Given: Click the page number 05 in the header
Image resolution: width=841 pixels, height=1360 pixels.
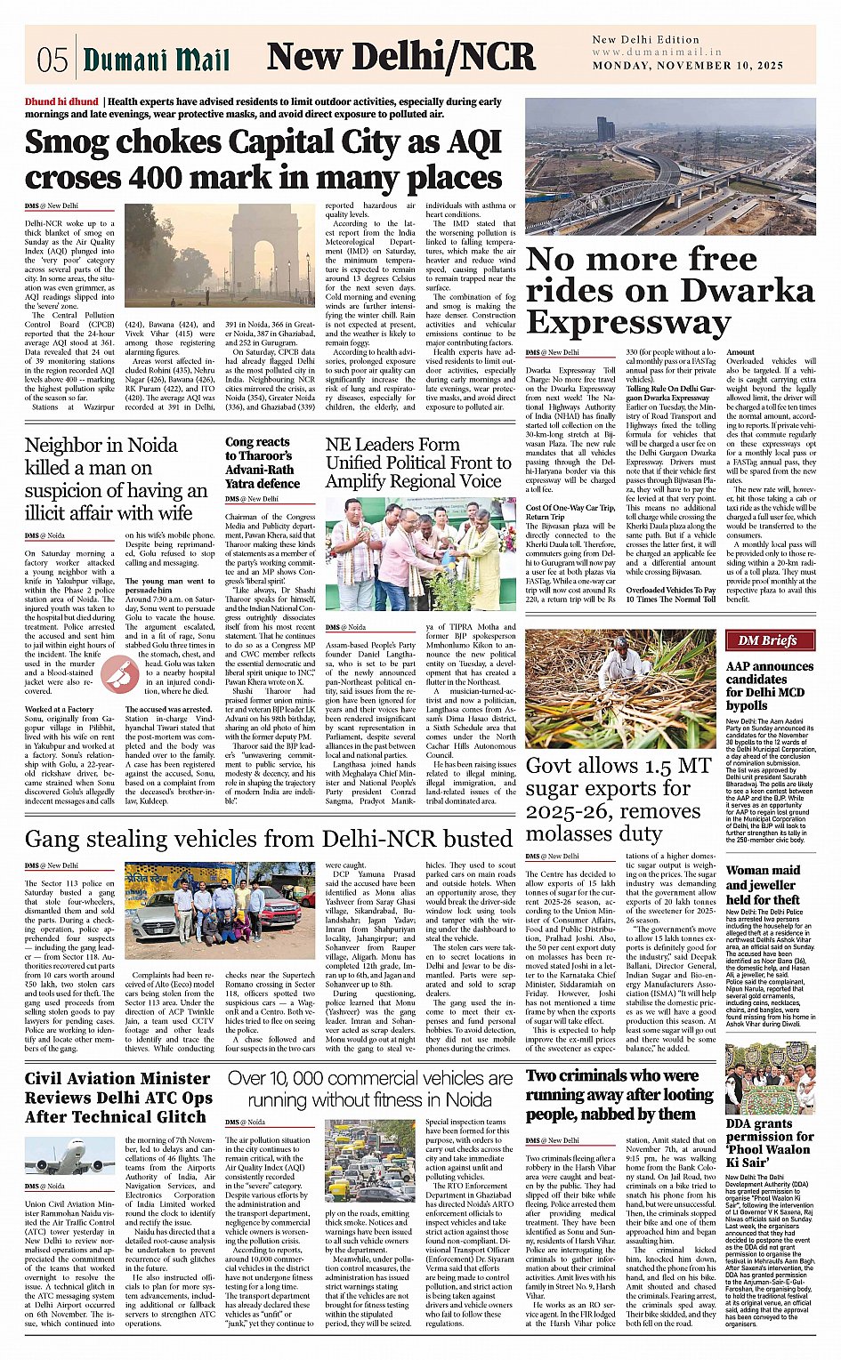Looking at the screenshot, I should point(52,60).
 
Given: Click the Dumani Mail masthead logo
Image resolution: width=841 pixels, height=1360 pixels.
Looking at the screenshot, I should point(156,60).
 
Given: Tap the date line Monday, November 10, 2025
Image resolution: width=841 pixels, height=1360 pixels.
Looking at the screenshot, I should point(688,66).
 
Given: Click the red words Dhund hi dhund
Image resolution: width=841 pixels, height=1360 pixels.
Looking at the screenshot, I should point(61,102).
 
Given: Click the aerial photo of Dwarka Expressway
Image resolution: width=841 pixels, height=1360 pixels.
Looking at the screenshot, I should point(669,166).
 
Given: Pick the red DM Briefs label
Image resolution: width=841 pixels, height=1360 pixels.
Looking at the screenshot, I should point(761,640).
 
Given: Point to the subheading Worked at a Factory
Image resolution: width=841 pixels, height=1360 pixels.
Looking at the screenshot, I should point(59,710).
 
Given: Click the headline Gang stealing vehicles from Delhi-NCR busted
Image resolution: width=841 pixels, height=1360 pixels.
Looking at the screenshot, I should point(268,839).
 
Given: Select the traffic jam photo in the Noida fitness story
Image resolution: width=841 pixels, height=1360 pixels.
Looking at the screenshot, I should point(369,1162).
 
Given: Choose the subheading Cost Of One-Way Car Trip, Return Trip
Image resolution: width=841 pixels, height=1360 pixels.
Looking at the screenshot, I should point(570,512).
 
